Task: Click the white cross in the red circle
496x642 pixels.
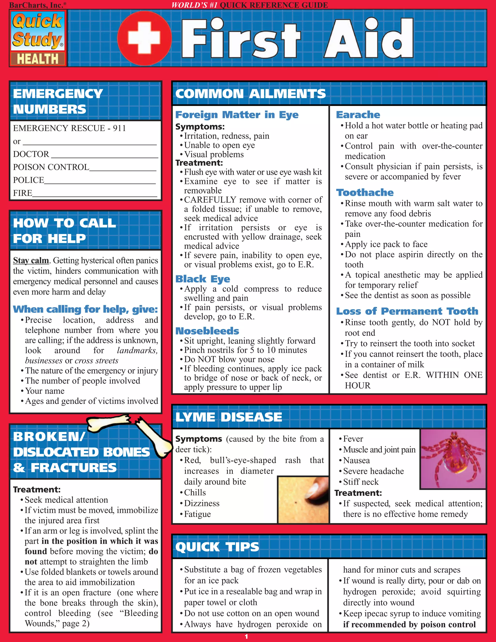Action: coord(144,38)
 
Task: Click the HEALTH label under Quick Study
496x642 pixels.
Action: coord(38,59)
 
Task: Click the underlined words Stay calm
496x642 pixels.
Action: coord(31,260)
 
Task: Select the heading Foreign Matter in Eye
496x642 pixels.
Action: coord(237,115)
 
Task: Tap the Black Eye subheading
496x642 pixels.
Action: coord(202,279)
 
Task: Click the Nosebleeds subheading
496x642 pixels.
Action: coord(207,331)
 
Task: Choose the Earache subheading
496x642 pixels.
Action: coord(358,115)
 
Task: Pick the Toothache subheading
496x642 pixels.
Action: coord(365,193)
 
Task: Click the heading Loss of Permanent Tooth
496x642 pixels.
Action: coord(407,311)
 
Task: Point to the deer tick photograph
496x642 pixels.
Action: coord(452,459)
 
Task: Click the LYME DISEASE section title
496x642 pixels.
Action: coord(229,417)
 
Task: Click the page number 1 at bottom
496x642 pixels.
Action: coord(246,637)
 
